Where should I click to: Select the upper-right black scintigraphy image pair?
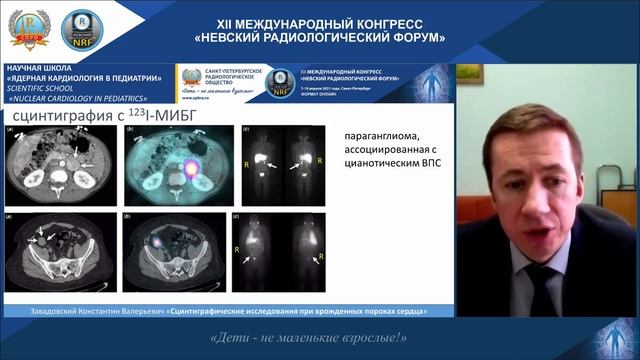[278, 164]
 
